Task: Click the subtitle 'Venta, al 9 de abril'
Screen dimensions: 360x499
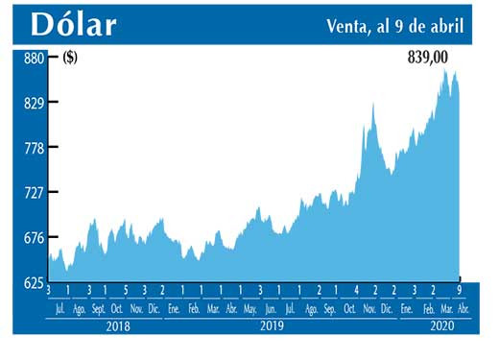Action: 394,27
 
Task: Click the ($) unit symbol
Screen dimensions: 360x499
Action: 70,58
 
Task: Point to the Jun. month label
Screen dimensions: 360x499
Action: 270,309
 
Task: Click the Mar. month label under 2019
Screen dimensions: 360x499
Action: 213,309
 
